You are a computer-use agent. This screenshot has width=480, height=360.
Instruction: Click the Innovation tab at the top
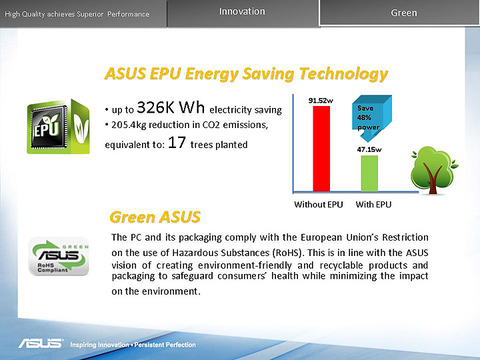[x=242, y=11]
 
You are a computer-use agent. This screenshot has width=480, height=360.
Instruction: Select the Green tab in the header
[x=403, y=13]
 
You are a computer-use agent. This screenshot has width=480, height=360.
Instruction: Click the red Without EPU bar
[x=321, y=148]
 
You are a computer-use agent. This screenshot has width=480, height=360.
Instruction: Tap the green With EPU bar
[x=369, y=173]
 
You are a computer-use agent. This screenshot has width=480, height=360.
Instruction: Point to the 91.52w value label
[x=321, y=101]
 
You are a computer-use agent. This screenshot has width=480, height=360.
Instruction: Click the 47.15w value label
[x=369, y=149]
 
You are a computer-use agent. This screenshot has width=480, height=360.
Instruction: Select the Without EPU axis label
[x=319, y=205]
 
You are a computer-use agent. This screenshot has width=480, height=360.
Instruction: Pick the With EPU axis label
[x=373, y=205]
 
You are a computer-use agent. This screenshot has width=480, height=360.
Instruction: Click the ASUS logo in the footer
[x=41, y=344]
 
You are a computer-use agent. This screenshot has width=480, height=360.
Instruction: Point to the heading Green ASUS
[x=155, y=217]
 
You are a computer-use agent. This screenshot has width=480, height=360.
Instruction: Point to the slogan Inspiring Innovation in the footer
[x=99, y=345]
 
